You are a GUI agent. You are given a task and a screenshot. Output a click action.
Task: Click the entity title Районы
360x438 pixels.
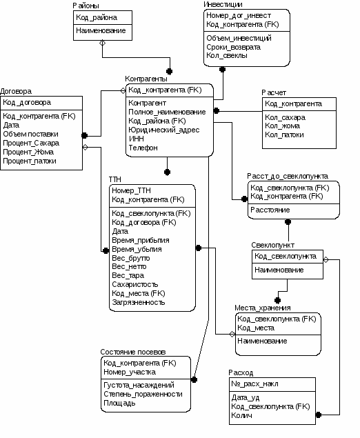(86, 6)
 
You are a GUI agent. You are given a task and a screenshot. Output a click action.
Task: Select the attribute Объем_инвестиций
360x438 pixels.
(239, 38)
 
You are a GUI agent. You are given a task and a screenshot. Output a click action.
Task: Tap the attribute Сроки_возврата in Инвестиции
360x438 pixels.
(234, 47)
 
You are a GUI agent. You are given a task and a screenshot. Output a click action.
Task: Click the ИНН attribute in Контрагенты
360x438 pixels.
(137, 139)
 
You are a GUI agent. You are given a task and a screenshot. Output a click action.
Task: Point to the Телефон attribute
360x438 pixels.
(143, 148)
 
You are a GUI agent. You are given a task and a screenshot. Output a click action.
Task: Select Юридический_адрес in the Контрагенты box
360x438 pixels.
(164, 130)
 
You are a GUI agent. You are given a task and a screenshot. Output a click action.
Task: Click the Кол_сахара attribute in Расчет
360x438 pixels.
(285, 117)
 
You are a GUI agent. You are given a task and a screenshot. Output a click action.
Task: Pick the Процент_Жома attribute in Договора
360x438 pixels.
(28, 152)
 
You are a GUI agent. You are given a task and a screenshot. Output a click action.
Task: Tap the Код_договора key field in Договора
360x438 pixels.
(27, 103)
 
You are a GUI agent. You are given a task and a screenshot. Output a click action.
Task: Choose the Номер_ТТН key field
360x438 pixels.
(131, 190)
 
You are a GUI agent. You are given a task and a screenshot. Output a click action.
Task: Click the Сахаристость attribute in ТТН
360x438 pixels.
(135, 284)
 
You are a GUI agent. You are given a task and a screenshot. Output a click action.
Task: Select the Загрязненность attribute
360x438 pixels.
(138, 302)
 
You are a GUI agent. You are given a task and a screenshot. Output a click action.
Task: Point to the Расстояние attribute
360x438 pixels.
(270, 210)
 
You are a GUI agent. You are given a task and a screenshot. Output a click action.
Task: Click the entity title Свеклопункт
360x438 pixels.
(272, 245)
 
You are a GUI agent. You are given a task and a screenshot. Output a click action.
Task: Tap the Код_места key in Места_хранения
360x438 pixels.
(256, 328)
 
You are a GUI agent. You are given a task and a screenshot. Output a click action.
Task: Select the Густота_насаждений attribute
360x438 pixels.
(139, 385)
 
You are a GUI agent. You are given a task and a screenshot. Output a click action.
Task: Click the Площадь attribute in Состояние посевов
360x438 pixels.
(119, 403)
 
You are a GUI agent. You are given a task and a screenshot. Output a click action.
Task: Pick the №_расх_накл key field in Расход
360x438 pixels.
(254, 384)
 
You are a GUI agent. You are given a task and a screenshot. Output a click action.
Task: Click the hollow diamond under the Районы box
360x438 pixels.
(103, 43)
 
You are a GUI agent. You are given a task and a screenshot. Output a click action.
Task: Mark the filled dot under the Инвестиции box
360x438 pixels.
(222, 69)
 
